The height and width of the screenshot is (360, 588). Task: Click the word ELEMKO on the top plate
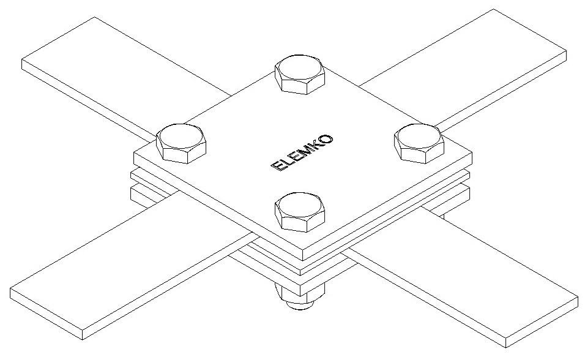click(x=302, y=152)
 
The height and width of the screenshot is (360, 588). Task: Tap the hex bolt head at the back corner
click(x=299, y=74)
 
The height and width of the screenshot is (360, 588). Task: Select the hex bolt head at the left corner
click(x=181, y=143)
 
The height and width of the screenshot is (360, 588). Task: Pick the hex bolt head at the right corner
click(x=419, y=143)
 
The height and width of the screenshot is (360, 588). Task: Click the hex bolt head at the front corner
click(x=299, y=212)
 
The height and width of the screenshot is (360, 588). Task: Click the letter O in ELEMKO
click(x=326, y=139)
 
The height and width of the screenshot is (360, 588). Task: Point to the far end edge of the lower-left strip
click(x=46, y=314)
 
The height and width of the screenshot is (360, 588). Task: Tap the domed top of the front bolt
click(x=299, y=205)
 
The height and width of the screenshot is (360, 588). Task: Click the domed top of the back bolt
click(x=299, y=67)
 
